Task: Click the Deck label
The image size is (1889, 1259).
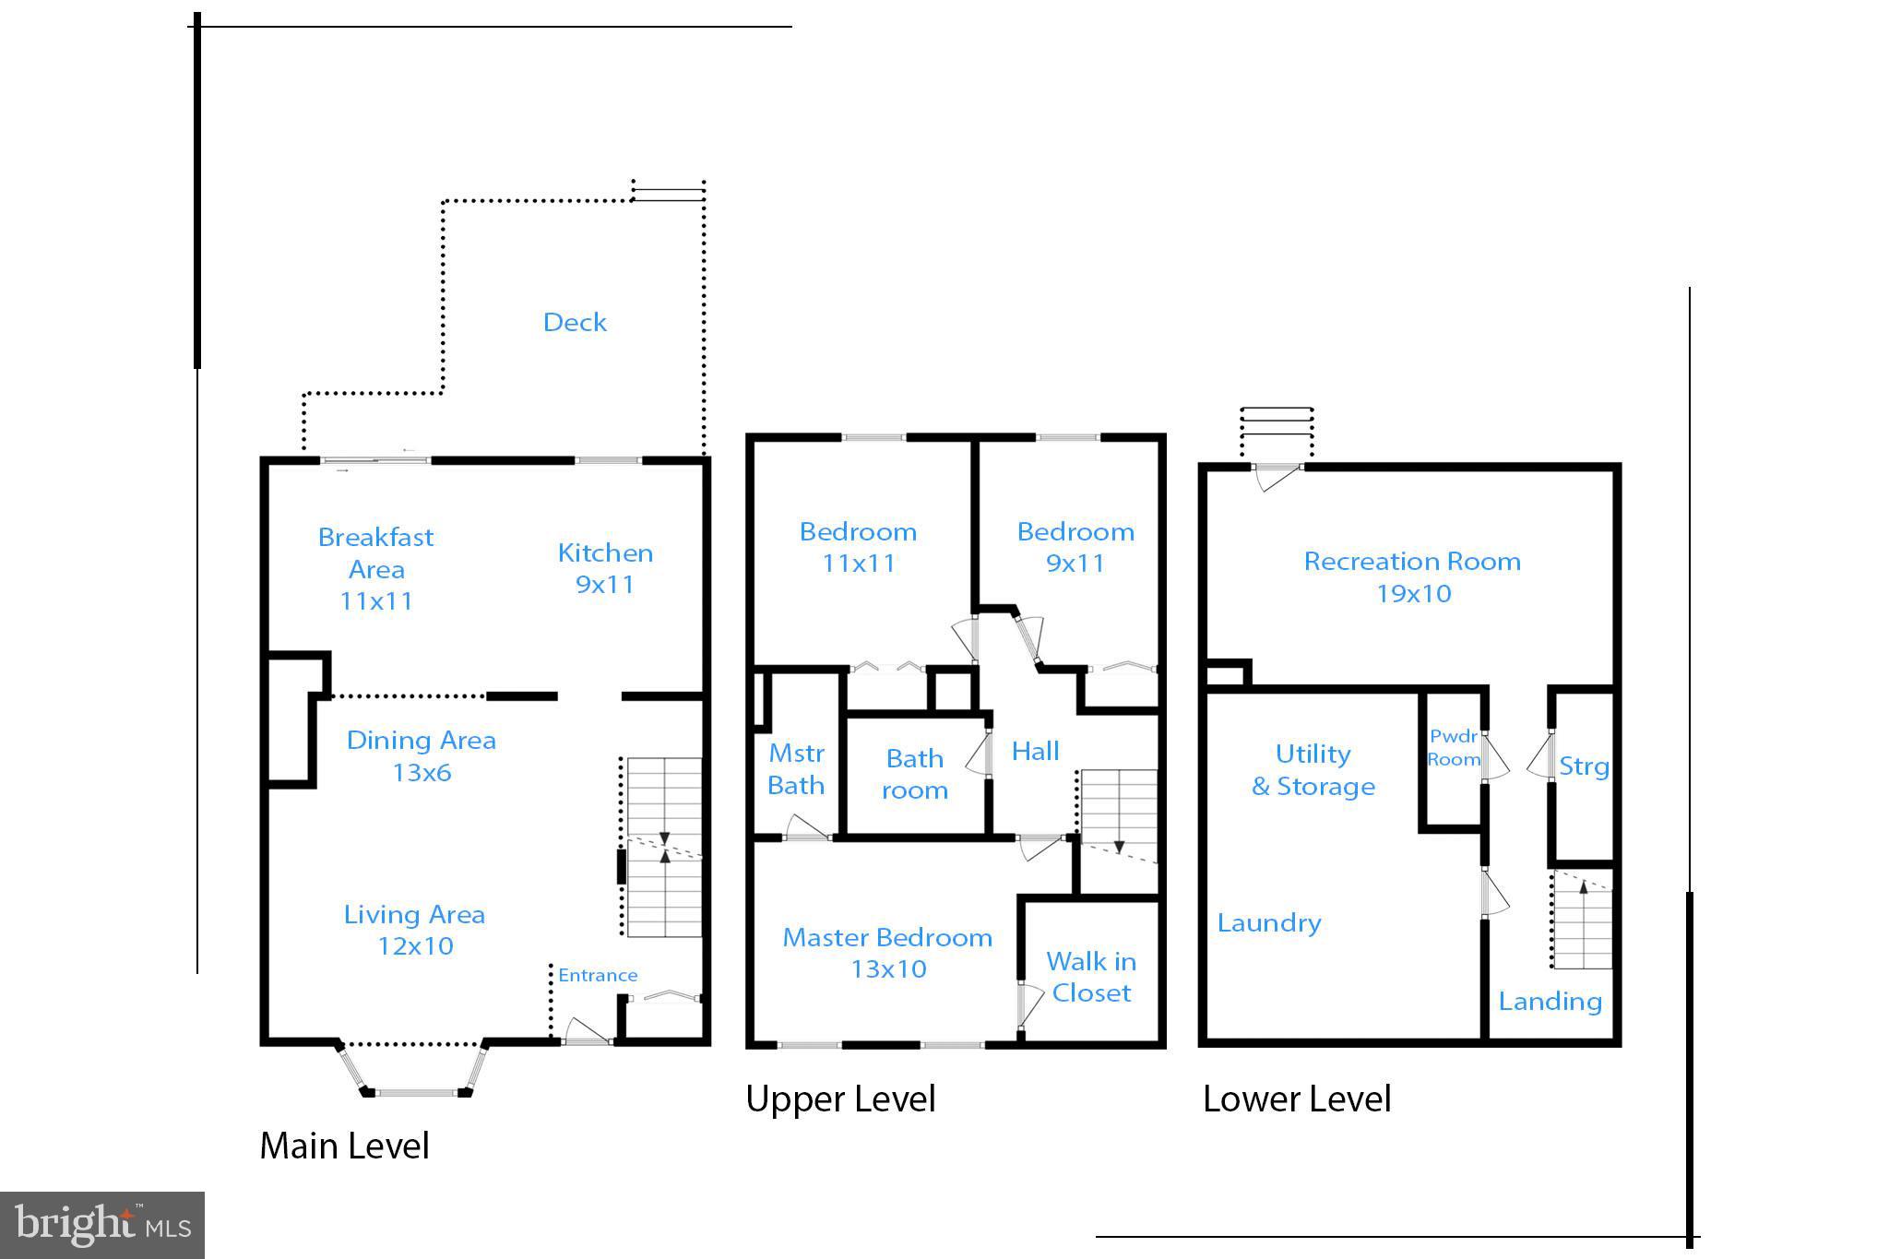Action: [x=575, y=322]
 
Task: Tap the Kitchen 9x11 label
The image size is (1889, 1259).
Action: [x=605, y=568]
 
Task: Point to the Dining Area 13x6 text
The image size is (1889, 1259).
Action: [x=422, y=756]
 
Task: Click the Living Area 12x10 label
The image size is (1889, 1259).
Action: [x=414, y=930]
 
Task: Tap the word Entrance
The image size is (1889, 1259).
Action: [x=598, y=975]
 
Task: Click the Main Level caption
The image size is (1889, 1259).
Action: [x=344, y=1146]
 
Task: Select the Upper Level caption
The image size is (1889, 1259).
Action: [x=840, y=1099]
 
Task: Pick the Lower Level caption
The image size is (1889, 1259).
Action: [x=1297, y=1099]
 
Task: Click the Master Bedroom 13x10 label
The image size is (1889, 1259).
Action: [x=887, y=953]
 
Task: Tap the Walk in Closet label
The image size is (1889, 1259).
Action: [x=1091, y=977]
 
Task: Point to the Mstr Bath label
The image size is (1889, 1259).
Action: [x=796, y=769]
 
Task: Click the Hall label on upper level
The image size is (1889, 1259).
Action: [x=1035, y=751]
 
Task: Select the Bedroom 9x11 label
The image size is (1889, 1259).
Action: [x=1075, y=547]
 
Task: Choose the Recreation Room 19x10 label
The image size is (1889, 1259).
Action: [x=1412, y=576]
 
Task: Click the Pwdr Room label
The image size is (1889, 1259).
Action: [x=1454, y=748]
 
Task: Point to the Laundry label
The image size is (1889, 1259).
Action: [x=1269, y=923]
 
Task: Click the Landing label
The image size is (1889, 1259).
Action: [x=1550, y=1002]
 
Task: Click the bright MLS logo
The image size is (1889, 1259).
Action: [x=102, y=1225]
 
